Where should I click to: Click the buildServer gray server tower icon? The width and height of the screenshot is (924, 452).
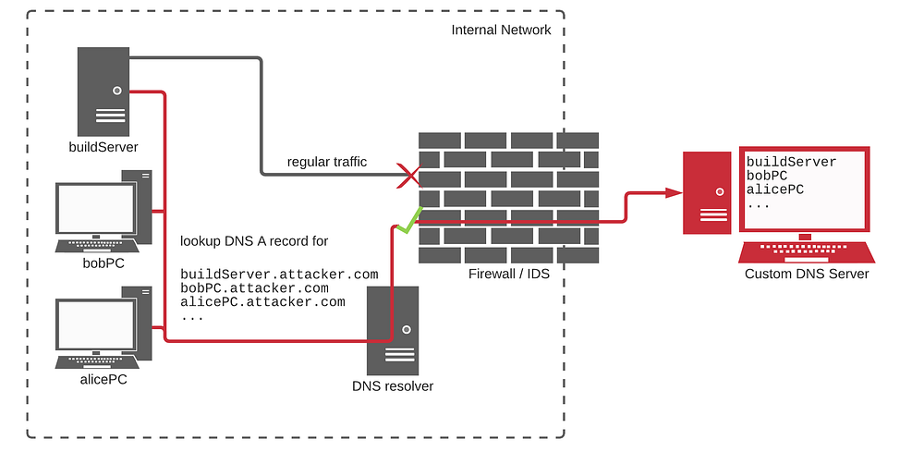coord(103,92)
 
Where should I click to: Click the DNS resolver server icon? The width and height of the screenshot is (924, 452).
coord(393,330)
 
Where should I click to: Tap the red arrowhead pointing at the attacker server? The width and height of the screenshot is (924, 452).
coord(673,191)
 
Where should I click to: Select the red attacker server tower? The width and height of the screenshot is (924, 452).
coord(707,192)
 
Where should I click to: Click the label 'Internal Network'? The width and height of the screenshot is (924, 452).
coord(501,30)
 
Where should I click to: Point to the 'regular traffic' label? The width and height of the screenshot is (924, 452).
coord(327,162)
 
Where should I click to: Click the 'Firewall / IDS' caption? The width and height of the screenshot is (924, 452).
coord(508,274)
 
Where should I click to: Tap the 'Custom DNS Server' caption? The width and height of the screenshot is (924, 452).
coord(806,274)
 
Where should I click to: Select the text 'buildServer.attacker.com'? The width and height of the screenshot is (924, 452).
coord(279,275)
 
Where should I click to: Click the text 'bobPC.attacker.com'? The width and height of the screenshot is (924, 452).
coord(255,288)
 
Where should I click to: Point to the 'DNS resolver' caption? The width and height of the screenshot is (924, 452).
coord(393,386)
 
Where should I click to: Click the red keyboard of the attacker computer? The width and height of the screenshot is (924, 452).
coord(807,251)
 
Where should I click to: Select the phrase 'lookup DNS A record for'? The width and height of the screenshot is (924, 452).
coord(254,241)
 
